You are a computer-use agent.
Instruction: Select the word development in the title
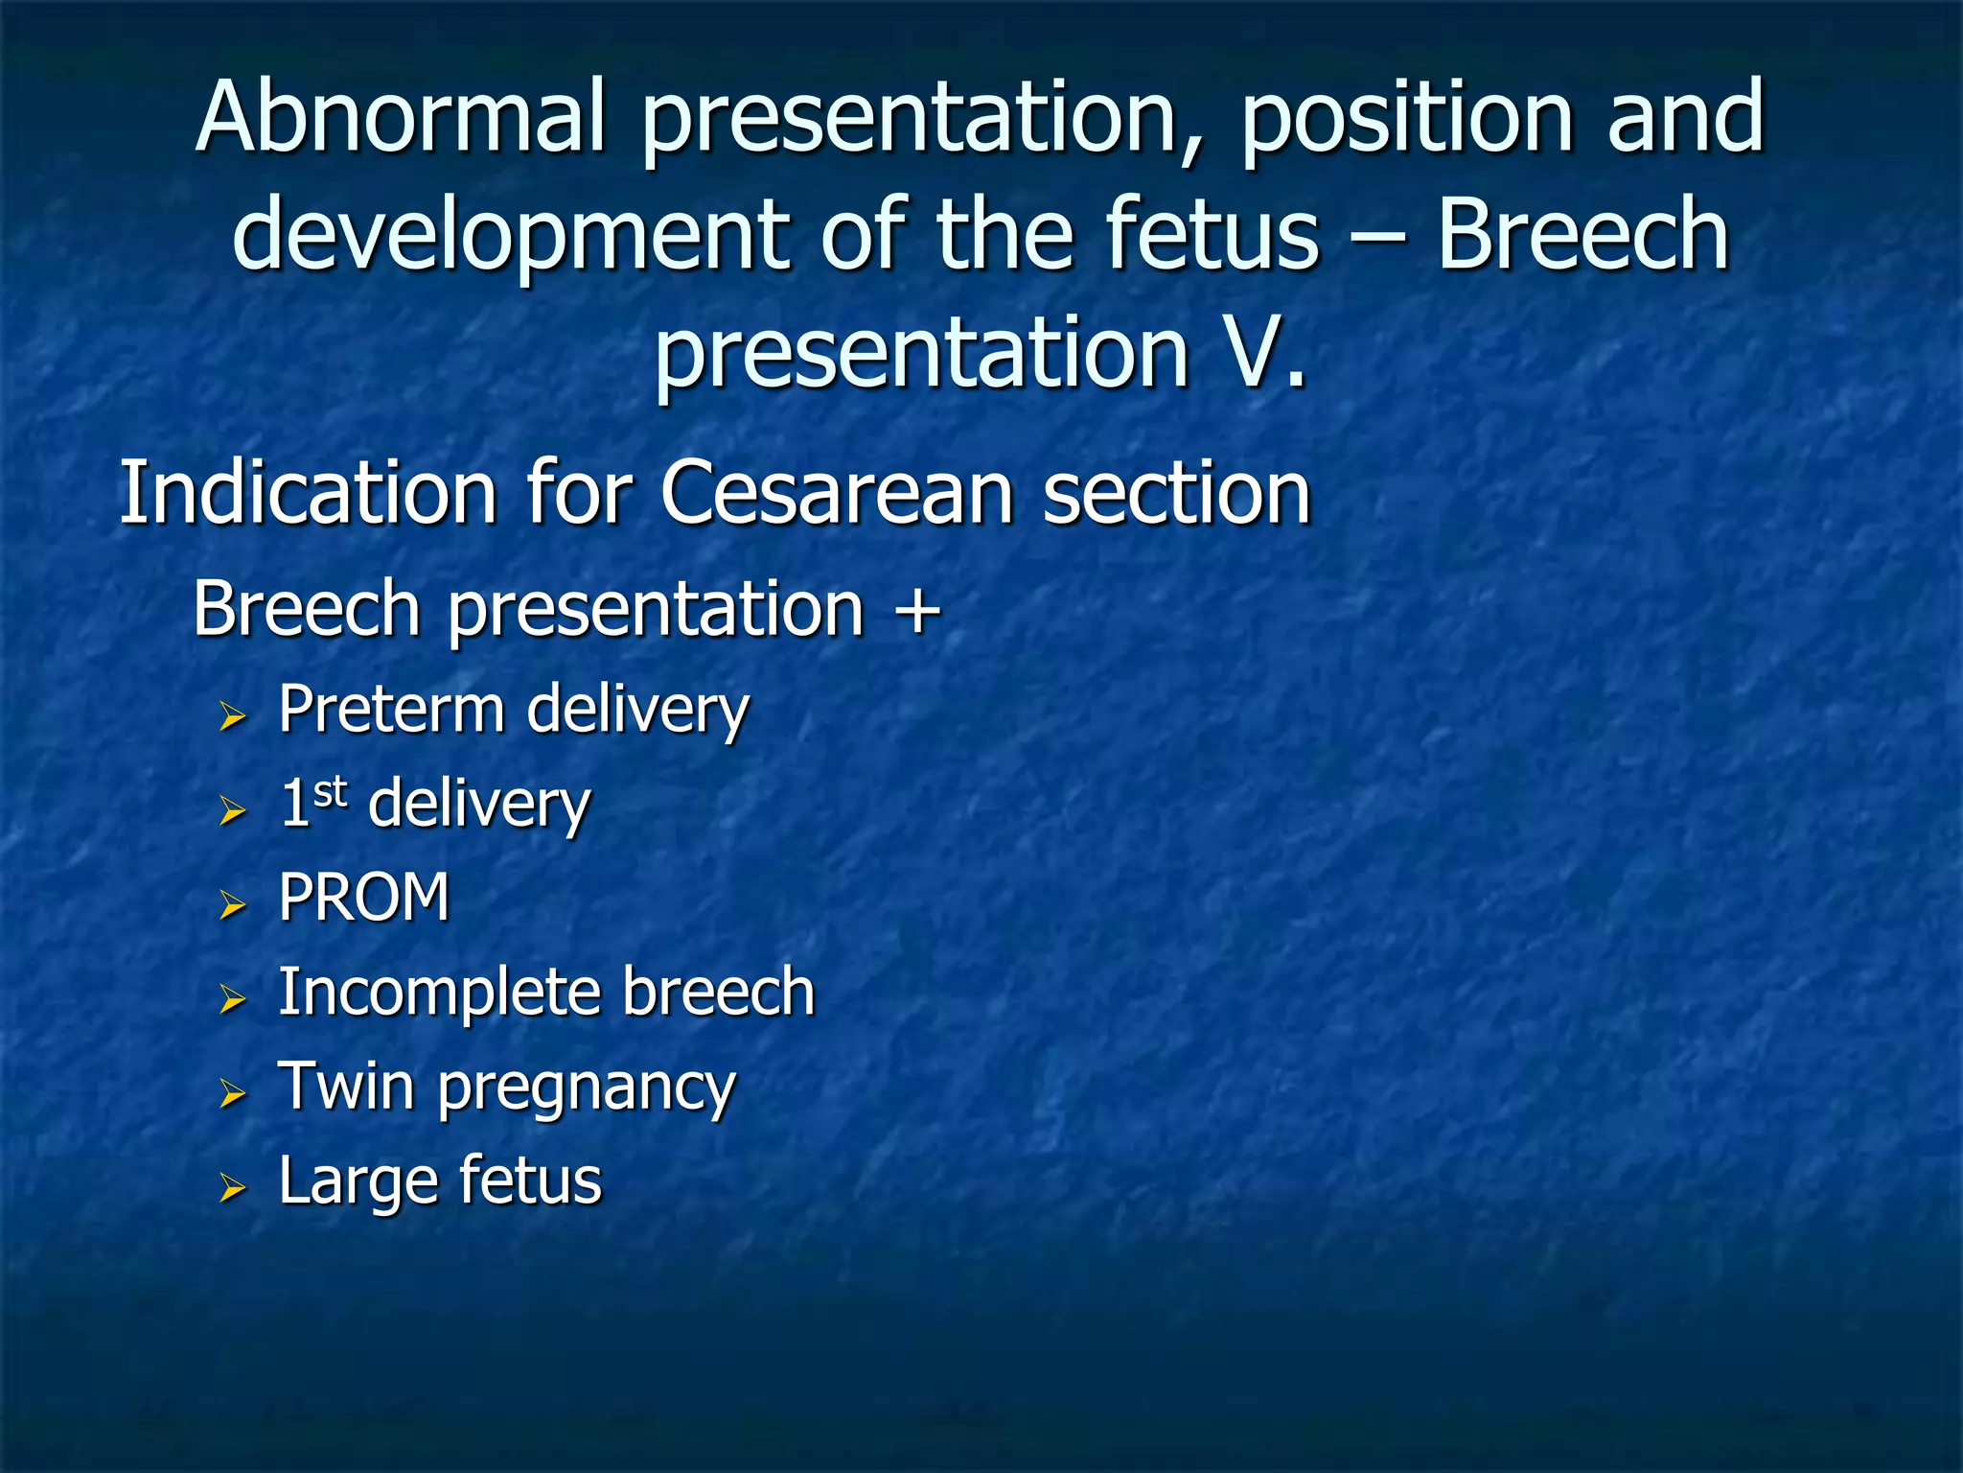[x=512, y=237]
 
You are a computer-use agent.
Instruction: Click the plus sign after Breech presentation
[x=917, y=610]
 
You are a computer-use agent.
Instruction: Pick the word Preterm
[x=391, y=710]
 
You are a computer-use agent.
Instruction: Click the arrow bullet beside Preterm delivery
[x=232, y=716]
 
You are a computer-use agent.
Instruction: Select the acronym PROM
[x=364, y=898]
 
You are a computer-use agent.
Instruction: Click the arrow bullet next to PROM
[x=232, y=904]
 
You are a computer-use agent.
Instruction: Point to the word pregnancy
[x=587, y=1089]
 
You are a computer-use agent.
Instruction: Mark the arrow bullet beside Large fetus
[x=232, y=1187]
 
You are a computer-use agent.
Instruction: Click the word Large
[x=353, y=1181]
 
